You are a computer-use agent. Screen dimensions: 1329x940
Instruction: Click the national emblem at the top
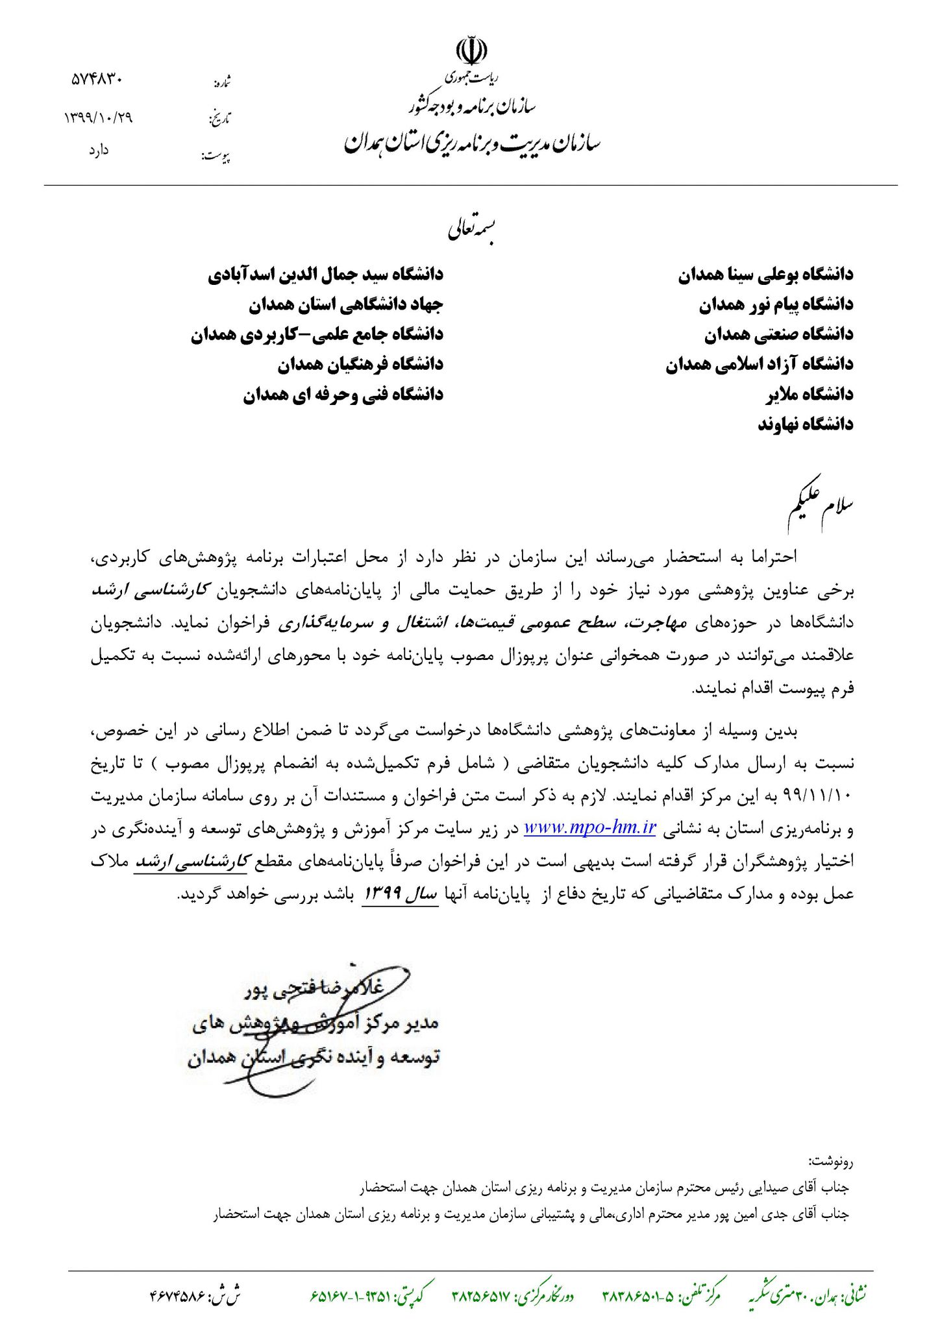pos(471,52)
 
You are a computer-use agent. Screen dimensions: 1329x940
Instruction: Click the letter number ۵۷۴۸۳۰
pos(97,80)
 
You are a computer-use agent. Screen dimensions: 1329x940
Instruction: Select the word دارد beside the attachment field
pos(99,151)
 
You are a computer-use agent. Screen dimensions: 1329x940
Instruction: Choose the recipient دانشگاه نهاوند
pos(806,424)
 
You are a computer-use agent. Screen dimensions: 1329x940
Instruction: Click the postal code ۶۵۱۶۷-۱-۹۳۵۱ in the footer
pos(351,1296)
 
